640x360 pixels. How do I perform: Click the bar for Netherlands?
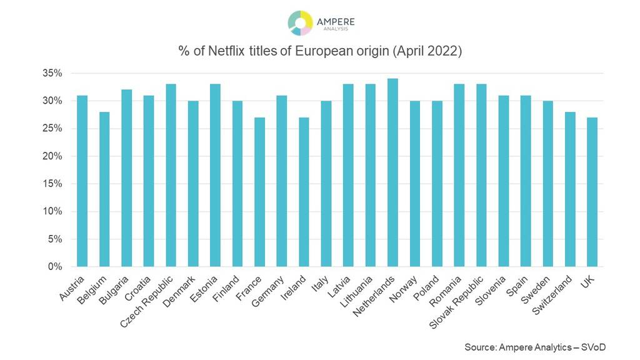click(x=392, y=172)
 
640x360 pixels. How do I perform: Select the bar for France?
click(x=259, y=192)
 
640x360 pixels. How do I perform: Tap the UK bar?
click(x=592, y=192)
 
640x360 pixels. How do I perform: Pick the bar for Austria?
click(x=82, y=181)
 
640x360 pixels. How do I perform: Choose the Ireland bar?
click(x=304, y=192)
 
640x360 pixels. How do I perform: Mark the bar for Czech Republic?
click(x=171, y=175)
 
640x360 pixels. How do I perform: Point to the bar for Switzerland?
click(x=570, y=189)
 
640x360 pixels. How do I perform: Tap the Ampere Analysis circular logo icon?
click(x=300, y=22)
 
